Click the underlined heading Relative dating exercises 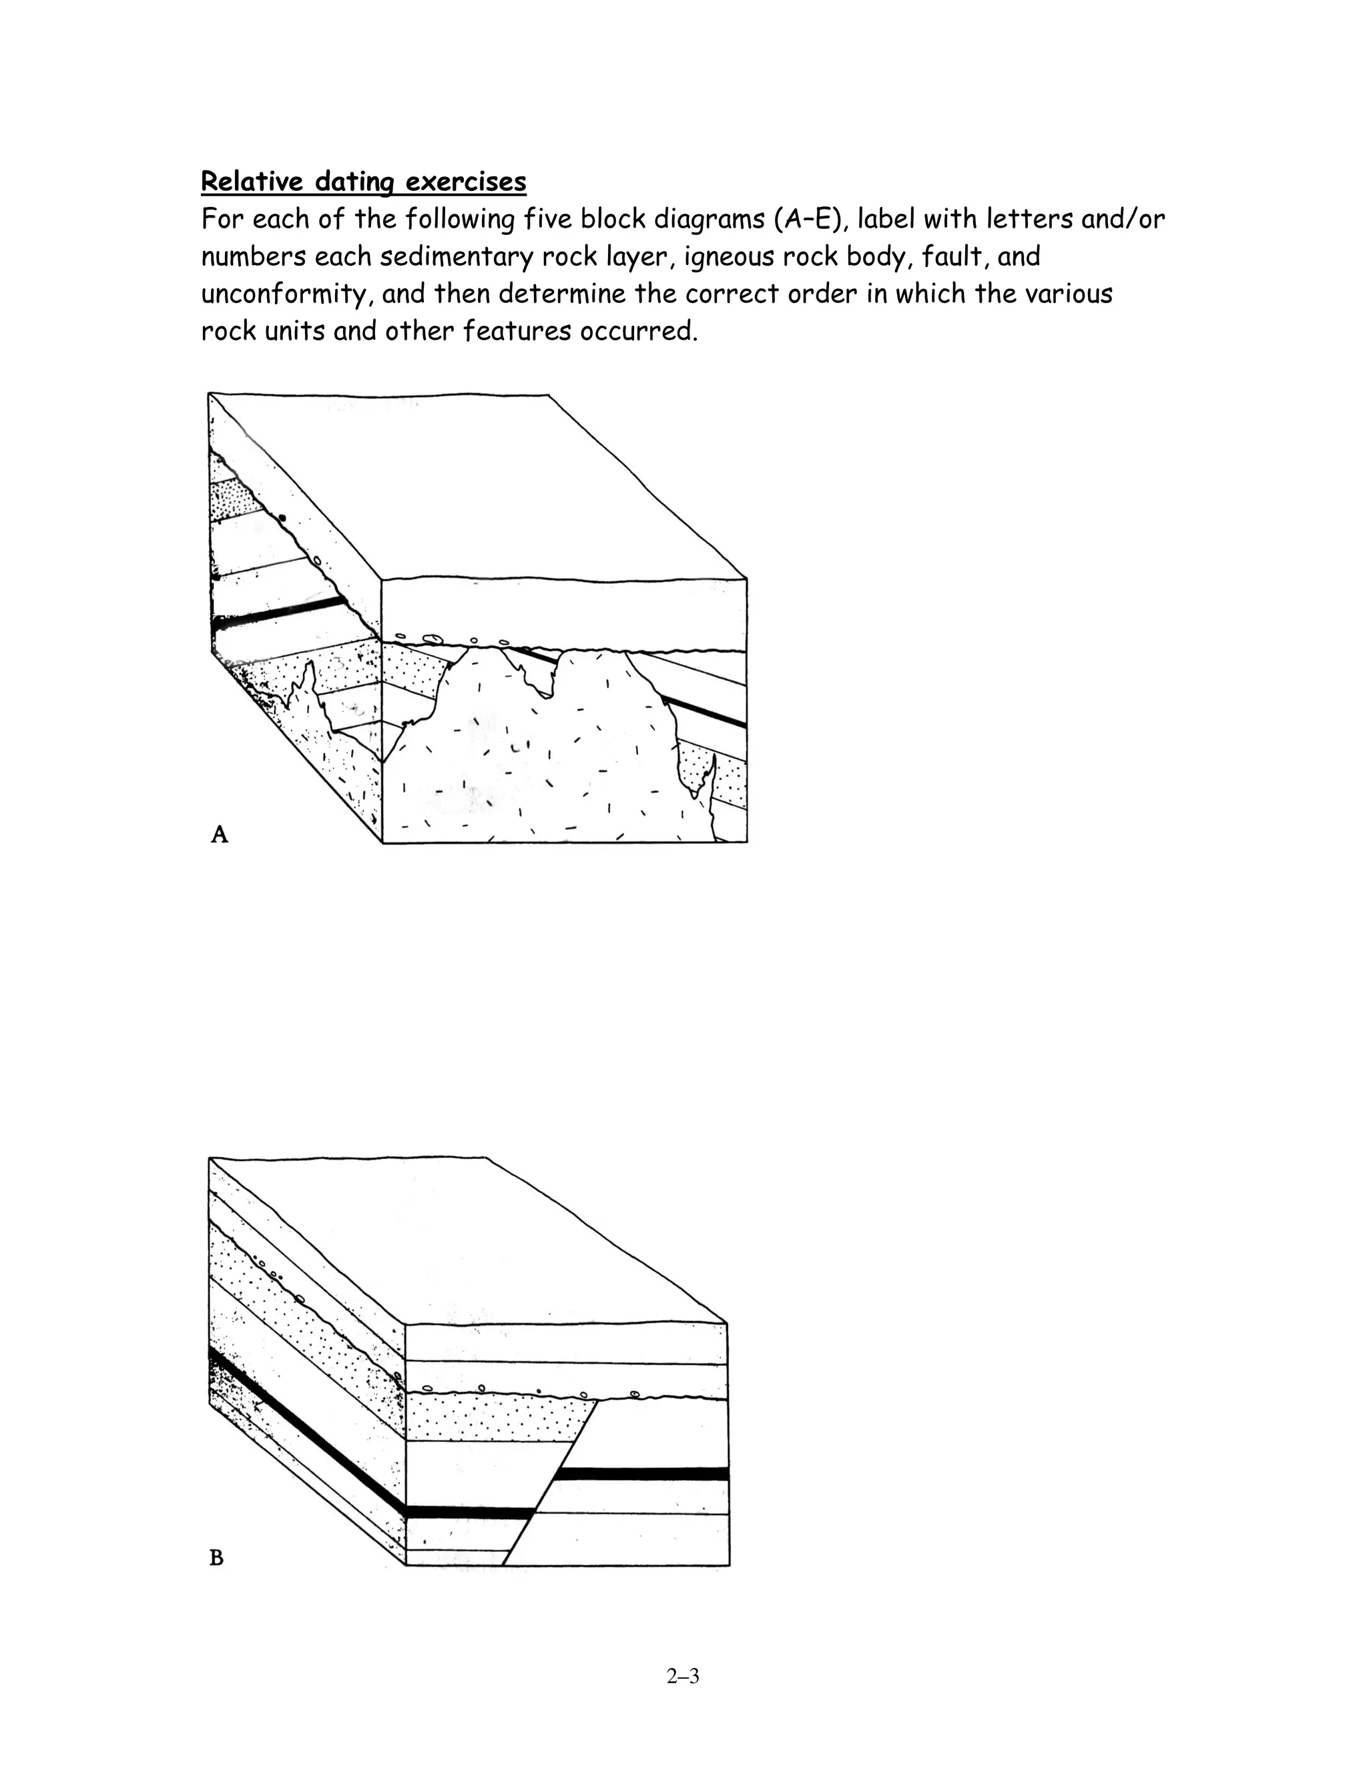(363, 182)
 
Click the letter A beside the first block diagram (220, 834)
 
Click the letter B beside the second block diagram (216, 1557)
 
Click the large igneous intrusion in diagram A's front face (535, 762)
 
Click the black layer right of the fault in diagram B (644, 1473)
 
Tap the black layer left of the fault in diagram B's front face (470, 1511)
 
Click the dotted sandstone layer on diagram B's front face (494, 1417)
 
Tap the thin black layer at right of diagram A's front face (705, 710)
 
